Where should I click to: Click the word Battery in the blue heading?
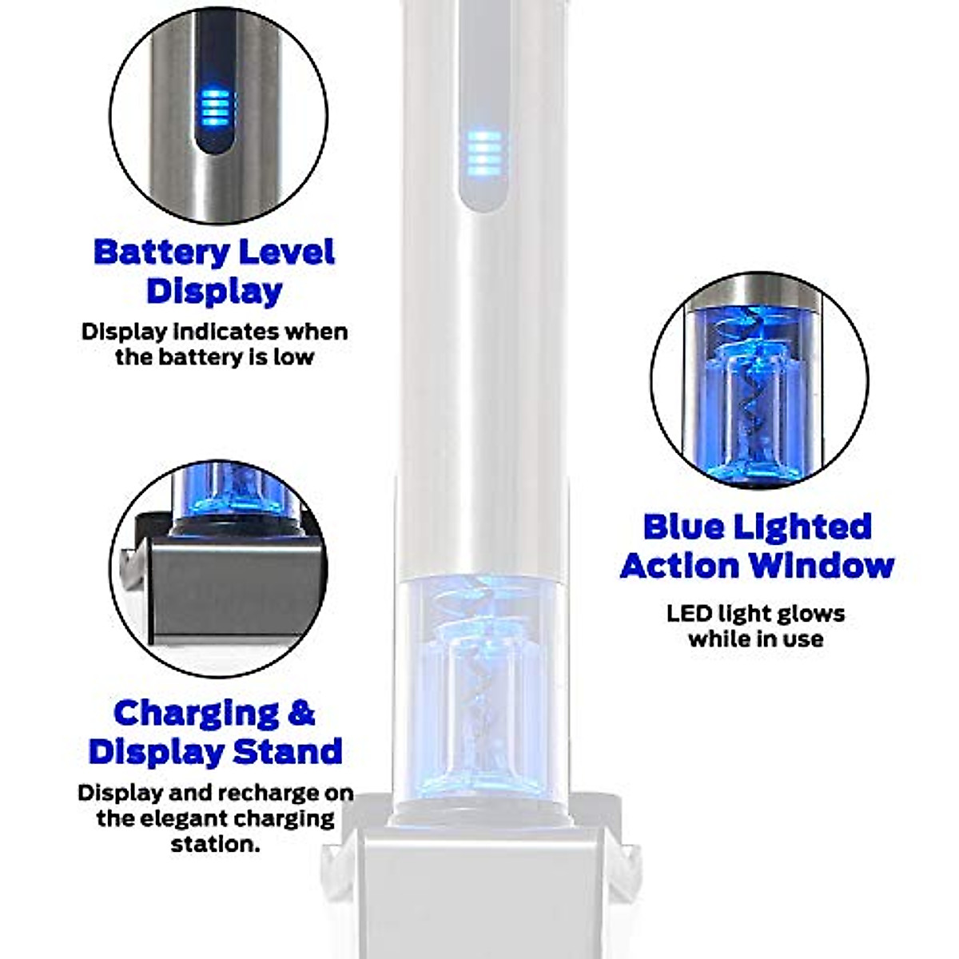coord(152,253)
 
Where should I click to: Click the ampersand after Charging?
coord(300,712)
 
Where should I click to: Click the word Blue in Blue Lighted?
coord(683,527)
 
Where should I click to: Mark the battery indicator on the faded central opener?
coord(483,153)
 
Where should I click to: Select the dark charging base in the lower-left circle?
coord(232,587)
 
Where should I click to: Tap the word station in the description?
coord(216,844)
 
